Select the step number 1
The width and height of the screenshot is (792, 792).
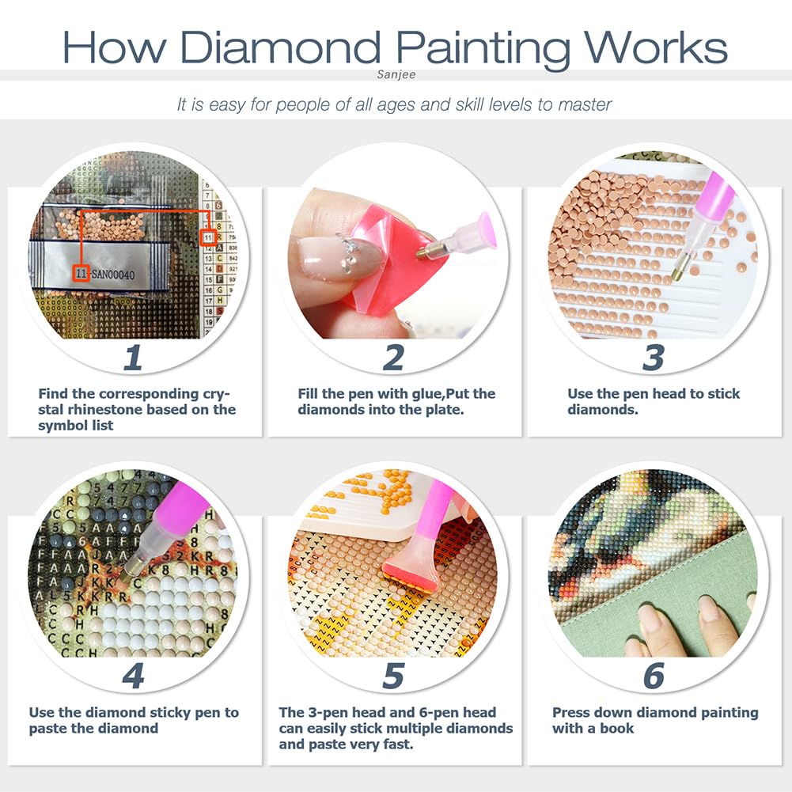132,358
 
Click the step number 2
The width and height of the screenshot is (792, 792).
393,358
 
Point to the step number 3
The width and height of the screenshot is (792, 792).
653,358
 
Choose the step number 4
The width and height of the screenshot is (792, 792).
132,676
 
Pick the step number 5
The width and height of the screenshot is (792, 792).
393,676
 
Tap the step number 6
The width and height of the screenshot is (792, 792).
653,676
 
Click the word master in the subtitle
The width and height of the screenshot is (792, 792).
583,104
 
